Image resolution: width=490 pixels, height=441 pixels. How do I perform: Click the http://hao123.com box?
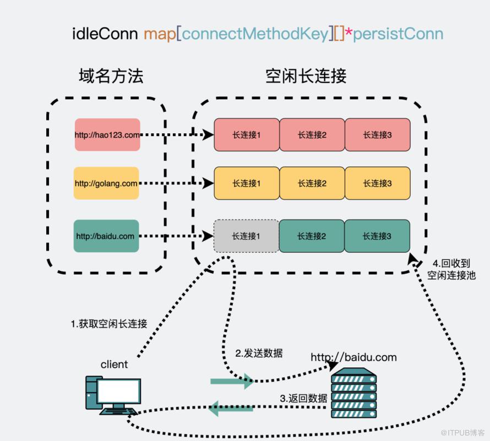(x=107, y=135)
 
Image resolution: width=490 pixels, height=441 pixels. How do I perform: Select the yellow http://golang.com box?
(x=106, y=183)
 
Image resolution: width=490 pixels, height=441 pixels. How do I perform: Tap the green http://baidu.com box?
(x=106, y=236)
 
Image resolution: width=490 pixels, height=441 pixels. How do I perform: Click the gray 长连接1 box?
(x=246, y=236)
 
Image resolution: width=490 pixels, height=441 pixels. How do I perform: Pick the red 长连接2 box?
(x=312, y=135)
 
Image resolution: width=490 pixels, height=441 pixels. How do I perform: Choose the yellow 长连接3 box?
(x=378, y=183)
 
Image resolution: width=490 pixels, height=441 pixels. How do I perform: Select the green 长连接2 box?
(x=312, y=236)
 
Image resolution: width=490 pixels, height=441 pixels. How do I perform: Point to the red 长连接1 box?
(x=247, y=135)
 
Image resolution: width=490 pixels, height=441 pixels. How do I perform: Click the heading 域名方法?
(x=111, y=76)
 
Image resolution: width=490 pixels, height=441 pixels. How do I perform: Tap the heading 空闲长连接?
(x=306, y=76)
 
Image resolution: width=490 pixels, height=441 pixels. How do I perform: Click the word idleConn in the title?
(x=105, y=34)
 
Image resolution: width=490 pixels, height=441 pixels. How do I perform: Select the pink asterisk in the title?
(x=349, y=32)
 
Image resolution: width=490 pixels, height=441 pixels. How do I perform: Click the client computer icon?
(x=113, y=395)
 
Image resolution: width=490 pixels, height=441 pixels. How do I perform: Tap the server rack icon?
(x=354, y=393)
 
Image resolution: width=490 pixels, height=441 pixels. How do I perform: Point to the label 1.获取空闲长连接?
(x=109, y=324)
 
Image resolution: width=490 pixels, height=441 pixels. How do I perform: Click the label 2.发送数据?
(x=259, y=353)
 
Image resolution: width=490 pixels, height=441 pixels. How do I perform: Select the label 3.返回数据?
(x=303, y=398)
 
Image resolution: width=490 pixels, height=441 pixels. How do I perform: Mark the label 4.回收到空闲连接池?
(x=451, y=269)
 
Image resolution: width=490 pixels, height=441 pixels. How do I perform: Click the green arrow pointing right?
(x=232, y=381)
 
